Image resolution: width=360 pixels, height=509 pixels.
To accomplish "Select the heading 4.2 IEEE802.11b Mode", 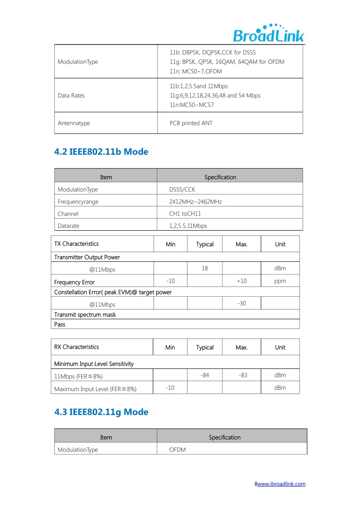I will (101, 152).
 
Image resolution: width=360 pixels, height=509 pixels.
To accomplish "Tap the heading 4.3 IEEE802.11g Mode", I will (101, 412).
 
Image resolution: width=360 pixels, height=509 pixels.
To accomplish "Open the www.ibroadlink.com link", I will (281, 484).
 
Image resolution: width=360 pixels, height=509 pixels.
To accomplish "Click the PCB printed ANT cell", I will (191, 123).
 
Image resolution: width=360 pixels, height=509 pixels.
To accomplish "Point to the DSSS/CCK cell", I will (182, 189).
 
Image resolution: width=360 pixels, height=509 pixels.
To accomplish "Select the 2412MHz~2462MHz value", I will (195, 202).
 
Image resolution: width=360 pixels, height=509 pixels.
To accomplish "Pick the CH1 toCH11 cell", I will (185, 214).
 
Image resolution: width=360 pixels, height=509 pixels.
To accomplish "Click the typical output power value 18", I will (205, 268).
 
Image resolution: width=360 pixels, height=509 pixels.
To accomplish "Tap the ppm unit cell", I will (280, 281).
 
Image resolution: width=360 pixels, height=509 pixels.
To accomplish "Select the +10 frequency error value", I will (242, 281).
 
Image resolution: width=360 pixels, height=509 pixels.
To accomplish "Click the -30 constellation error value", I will (242, 303).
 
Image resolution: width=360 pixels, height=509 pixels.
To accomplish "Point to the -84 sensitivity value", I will (205, 375).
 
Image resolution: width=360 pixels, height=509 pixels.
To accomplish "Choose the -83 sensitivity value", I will (243, 375).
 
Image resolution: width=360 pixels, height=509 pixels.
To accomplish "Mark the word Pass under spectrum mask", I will (60, 324).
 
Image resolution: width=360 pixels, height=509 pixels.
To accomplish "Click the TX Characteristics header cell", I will (76, 244).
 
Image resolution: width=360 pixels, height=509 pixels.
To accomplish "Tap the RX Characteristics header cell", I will (76, 347).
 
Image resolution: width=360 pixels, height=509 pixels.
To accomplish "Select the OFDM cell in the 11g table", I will (177, 450).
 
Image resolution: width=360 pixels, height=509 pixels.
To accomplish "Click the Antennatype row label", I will (74, 123).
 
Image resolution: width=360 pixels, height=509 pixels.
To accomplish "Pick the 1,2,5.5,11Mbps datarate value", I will (188, 226).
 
